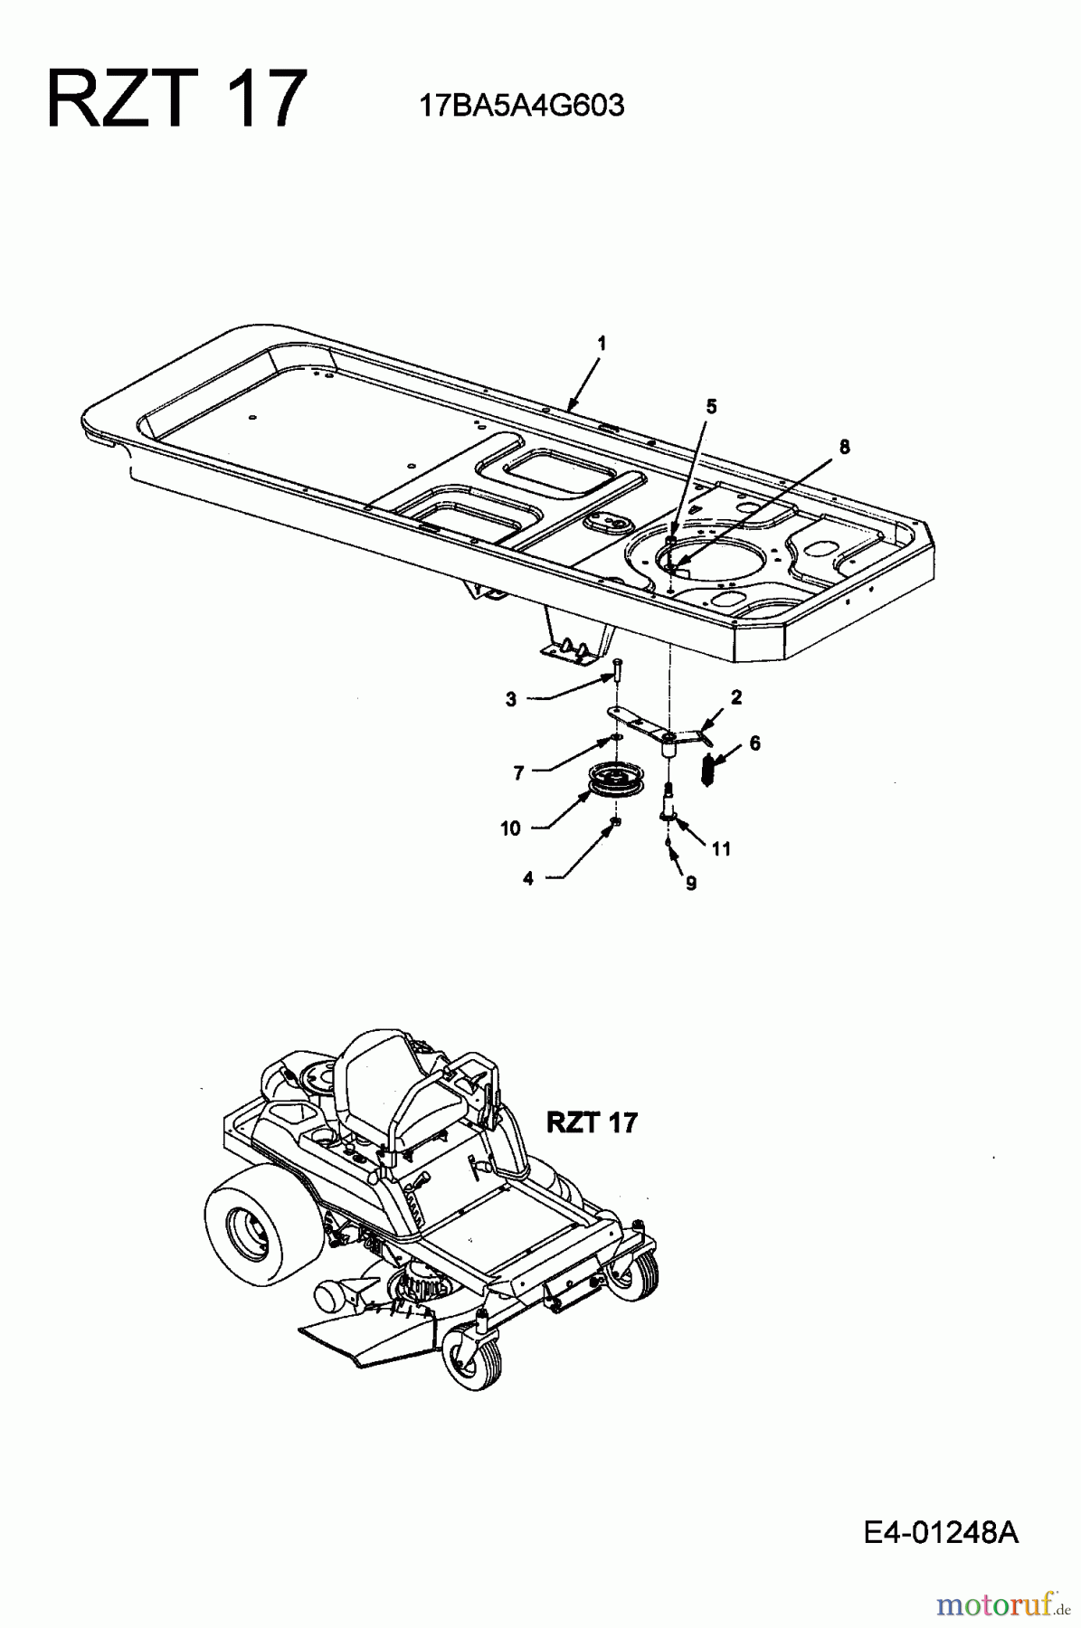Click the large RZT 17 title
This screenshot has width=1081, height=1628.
click(x=177, y=99)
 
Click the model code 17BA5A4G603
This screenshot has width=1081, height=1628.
click(x=521, y=107)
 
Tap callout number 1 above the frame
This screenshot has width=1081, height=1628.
click(x=602, y=344)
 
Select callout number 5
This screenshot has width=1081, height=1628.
click(x=711, y=407)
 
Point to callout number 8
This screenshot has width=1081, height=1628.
click(x=844, y=446)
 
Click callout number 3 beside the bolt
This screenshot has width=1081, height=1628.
click(x=511, y=699)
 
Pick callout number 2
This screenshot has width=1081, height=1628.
click(x=735, y=697)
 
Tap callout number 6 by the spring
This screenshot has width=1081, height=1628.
click(x=754, y=743)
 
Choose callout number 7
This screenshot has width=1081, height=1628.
click(x=518, y=773)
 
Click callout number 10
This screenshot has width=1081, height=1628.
click(x=511, y=828)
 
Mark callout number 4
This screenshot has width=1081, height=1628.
click(x=528, y=878)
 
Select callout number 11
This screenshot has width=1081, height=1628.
click(x=721, y=848)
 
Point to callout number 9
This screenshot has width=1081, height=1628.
click(x=691, y=884)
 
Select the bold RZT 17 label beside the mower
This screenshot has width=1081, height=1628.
click(x=592, y=1122)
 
